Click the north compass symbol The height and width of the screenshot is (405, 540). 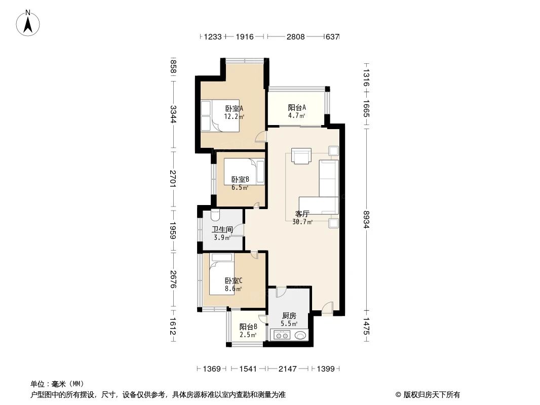28,23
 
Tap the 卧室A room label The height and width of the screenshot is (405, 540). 234,108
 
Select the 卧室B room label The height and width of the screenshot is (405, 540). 240,180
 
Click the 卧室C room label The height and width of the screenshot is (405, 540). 234,281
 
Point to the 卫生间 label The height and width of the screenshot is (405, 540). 222,229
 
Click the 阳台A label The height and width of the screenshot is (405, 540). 297,108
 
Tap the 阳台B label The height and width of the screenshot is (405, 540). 248,327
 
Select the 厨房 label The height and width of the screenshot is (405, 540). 289,315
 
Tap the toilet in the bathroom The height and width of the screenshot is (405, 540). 215,216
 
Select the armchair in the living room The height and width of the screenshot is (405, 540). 302,156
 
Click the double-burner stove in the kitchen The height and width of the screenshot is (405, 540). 281,335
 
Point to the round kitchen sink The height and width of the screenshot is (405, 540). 300,335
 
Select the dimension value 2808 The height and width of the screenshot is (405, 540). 295,37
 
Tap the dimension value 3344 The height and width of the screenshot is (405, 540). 173,114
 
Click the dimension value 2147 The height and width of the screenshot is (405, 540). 287,369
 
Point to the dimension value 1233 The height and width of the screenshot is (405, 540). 213,37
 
